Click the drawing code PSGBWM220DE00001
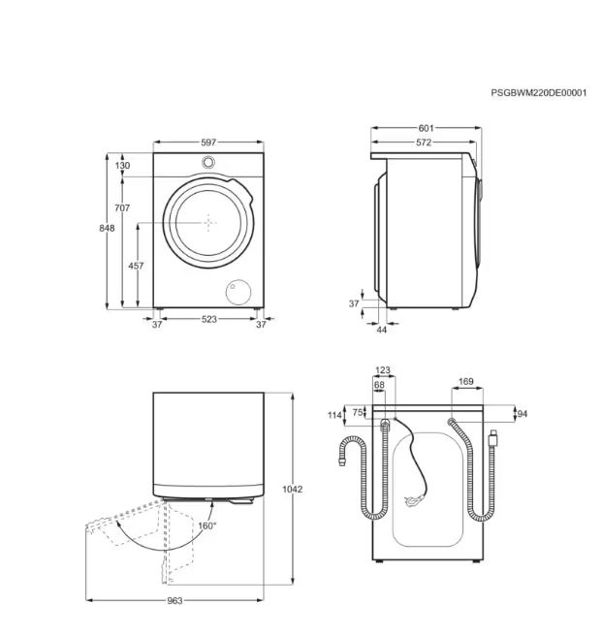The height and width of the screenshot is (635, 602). click(538, 93)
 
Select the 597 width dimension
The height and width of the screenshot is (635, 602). click(208, 143)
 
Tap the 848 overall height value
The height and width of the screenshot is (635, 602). click(107, 229)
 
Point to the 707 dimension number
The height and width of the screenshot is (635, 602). click(122, 208)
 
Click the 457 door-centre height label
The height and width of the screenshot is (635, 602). click(136, 266)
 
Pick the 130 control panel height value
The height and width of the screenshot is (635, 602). click(122, 166)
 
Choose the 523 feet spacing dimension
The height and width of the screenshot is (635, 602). click(208, 320)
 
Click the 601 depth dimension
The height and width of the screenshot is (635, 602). click(426, 128)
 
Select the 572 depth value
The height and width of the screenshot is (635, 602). click(424, 143)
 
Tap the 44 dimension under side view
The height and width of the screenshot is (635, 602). click(382, 330)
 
